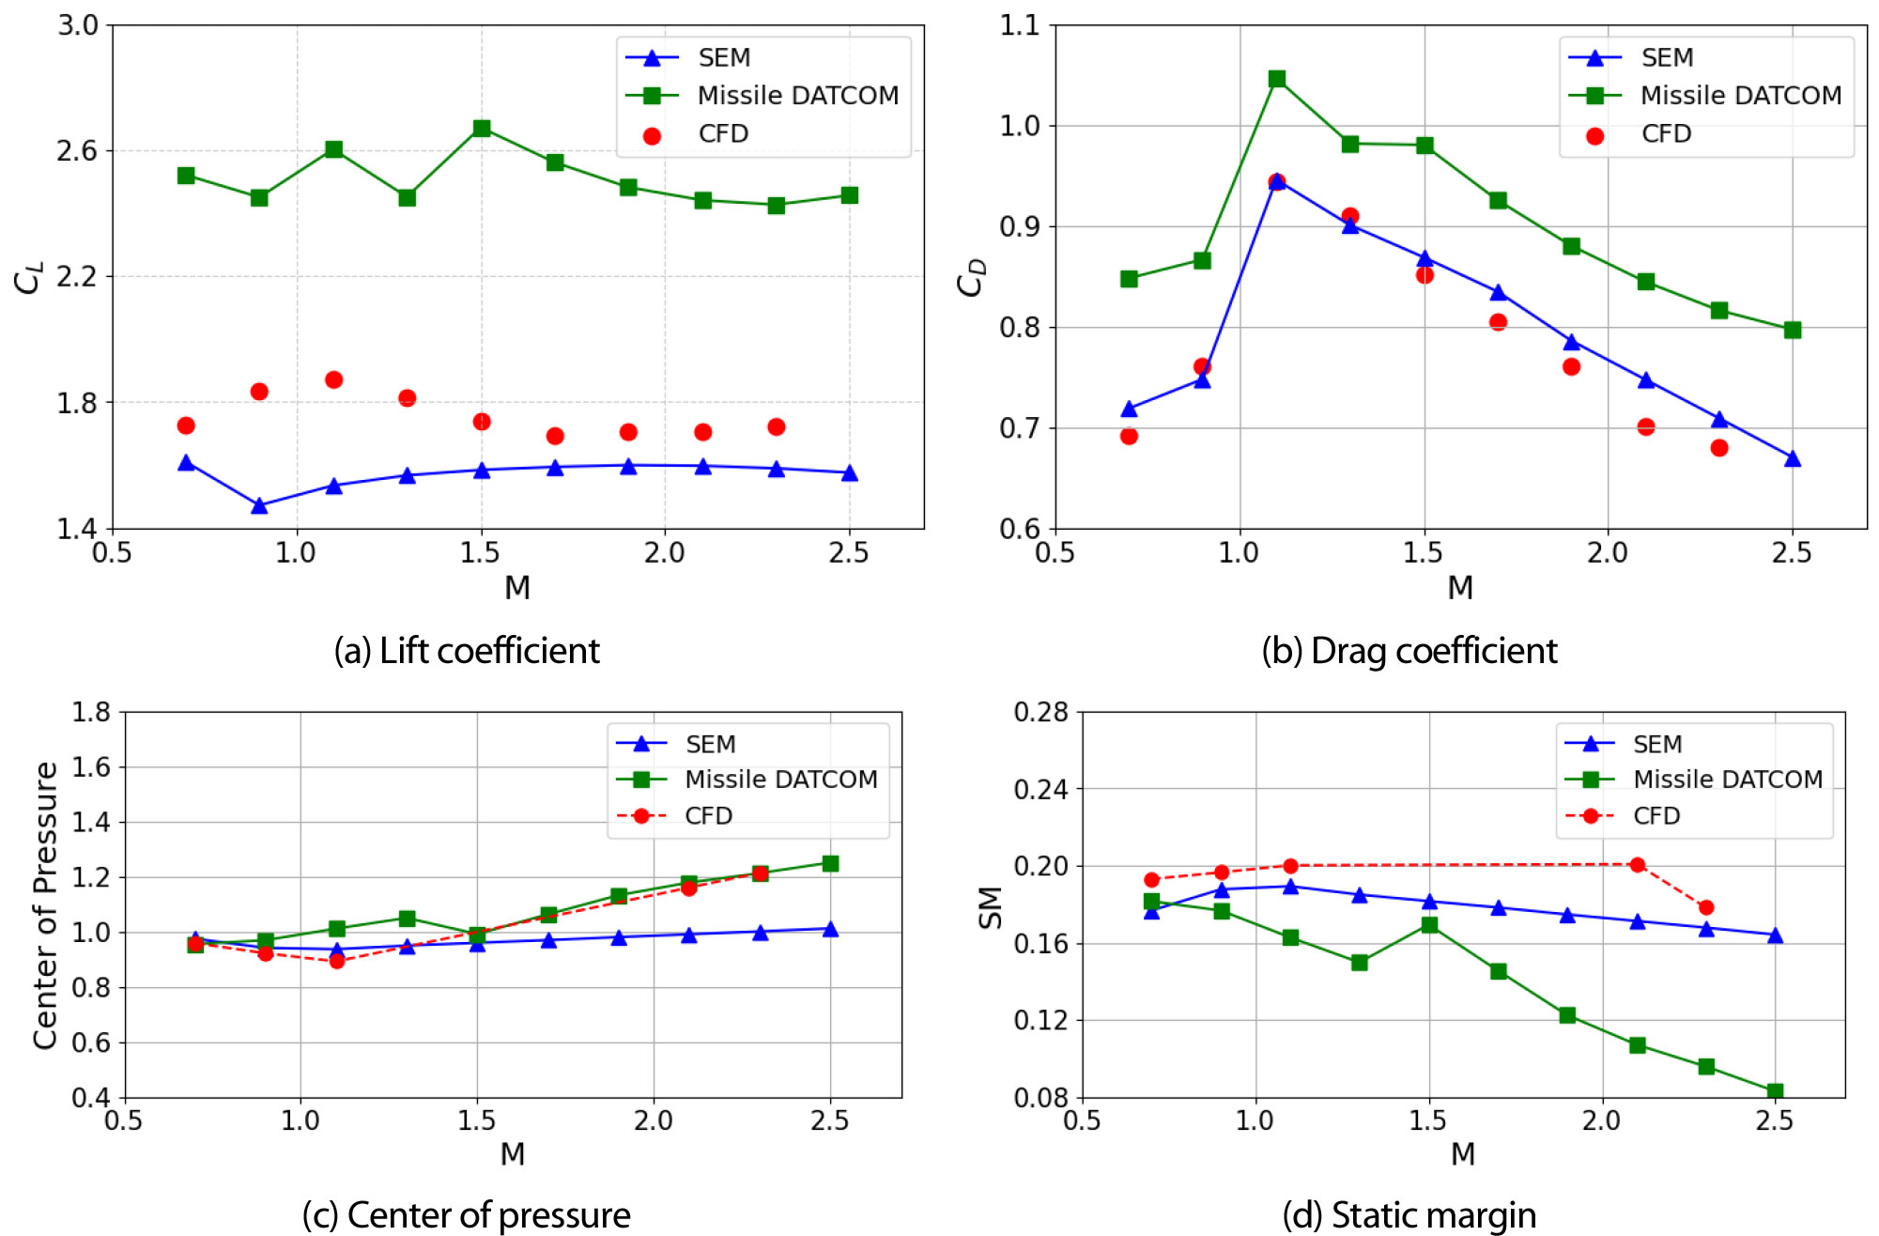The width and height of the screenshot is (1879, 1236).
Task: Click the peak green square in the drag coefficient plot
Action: point(1277,79)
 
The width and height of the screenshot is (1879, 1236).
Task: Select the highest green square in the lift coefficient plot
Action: point(482,129)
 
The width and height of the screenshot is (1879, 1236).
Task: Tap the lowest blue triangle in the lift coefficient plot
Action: point(259,506)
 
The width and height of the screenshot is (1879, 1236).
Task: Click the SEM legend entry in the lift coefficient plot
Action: point(723,58)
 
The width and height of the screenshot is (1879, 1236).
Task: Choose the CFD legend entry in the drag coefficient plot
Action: point(1666,134)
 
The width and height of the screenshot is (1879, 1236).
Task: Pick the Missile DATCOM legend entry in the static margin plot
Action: point(1727,780)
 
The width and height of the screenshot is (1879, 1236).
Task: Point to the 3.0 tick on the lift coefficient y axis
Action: point(78,25)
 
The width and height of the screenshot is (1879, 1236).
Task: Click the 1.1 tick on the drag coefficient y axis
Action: point(1020,25)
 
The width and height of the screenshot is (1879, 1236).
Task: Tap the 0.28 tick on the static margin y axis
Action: point(1040,712)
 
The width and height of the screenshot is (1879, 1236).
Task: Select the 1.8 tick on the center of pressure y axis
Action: point(91,712)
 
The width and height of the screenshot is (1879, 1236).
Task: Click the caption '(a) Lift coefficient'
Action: point(467,651)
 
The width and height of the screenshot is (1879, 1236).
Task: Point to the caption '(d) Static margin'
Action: point(1409,1214)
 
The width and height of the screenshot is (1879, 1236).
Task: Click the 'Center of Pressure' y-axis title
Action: point(45,905)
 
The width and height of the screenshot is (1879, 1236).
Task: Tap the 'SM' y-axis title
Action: point(991,907)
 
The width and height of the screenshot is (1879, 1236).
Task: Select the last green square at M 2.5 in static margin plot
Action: point(1775,1091)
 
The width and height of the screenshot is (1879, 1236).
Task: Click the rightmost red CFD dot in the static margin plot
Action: point(1706,907)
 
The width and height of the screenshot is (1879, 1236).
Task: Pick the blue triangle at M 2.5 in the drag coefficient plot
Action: point(1793,458)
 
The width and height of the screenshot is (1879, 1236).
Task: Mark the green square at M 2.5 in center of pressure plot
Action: point(830,863)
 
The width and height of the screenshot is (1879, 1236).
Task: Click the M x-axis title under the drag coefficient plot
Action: point(1460,588)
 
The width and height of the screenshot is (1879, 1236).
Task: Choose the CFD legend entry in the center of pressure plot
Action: point(708,816)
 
